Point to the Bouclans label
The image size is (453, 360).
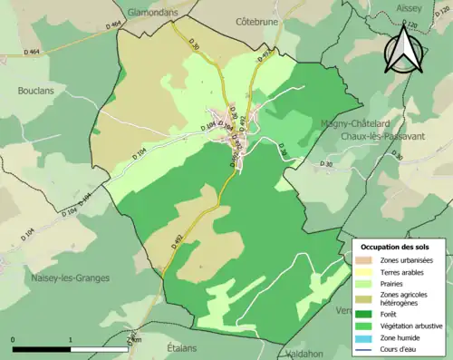37,91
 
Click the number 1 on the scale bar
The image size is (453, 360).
71,339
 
